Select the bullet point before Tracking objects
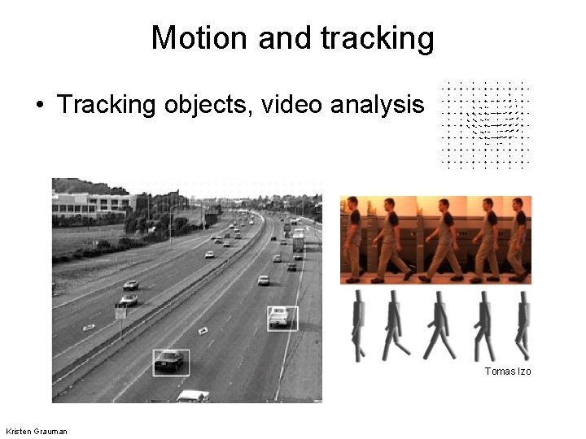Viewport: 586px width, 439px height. pos(38,105)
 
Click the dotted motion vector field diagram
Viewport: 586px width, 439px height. pos(485,124)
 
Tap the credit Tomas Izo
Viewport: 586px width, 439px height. pos(507,371)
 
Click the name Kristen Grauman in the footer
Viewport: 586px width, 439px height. pos(37,430)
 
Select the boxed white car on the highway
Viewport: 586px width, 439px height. pos(281,317)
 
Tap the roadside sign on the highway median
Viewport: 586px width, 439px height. pos(120,313)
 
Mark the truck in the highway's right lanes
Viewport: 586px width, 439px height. pos(299,242)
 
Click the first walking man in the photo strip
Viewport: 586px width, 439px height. pos(352,240)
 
